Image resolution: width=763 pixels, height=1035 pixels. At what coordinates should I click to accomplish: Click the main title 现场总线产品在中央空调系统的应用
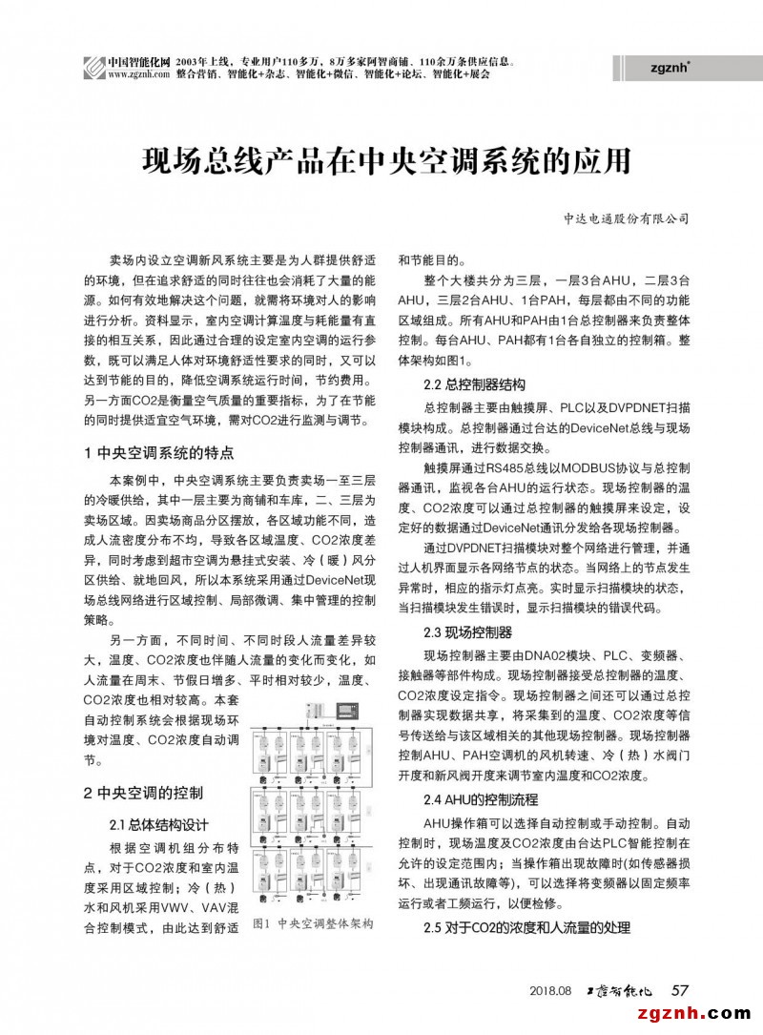[x=386, y=158]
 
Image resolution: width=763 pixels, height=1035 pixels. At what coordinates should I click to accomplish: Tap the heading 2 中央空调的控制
[x=143, y=792]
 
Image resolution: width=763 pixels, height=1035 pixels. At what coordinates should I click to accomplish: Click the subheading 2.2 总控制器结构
[x=474, y=385]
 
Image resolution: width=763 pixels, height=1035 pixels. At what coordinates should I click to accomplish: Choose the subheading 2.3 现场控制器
[x=467, y=631]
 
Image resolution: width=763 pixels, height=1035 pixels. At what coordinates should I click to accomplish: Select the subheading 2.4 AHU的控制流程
[x=480, y=798]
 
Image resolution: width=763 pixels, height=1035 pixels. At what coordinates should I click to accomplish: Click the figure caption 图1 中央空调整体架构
[x=312, y=924]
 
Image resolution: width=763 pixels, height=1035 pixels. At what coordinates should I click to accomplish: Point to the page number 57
[x=681, y=990]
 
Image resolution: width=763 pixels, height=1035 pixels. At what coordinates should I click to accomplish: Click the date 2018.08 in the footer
[x=550, y=991]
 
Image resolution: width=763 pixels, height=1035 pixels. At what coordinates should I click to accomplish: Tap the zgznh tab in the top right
[x=669, y=67]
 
